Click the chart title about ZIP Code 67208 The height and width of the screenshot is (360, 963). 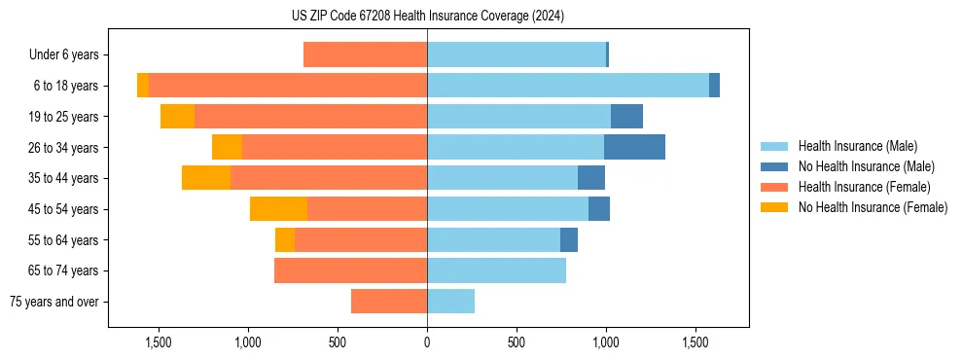pos(427,16)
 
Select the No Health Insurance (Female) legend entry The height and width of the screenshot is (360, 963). pos(873,207)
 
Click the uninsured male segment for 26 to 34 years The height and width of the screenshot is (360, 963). pos(634,147)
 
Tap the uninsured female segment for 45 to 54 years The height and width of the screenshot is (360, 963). pos(278,209)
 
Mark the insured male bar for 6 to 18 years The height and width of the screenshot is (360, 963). pos(568,86)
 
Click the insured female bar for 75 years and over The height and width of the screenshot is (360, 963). pos(389,302)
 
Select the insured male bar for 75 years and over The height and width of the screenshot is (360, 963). pos(450,302)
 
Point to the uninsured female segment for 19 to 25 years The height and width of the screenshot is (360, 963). pos(177,117)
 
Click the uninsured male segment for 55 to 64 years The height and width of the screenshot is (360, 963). pos(569,239)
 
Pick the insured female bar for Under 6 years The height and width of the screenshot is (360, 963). pos(365,54)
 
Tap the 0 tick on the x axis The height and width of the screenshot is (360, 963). pos(427,342)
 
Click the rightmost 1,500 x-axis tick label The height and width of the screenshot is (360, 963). pos(695,342)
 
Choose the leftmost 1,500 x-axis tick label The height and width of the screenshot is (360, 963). pos(159,342)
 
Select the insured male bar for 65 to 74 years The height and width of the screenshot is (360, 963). pos(496,270)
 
